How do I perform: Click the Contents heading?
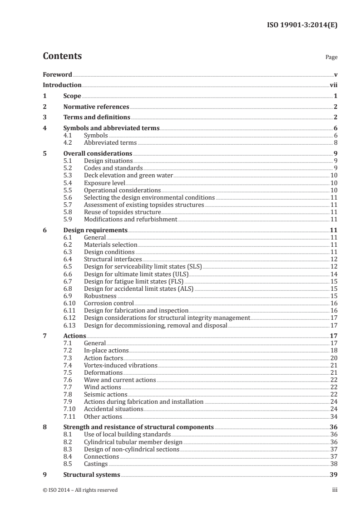click(x=62, y=56)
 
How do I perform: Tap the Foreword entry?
click(x=57, y=74)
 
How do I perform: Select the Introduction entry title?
click(x=62, y=85)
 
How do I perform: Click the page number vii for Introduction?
click(x=333, y=85)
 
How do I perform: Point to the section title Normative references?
click(x=96, y=107)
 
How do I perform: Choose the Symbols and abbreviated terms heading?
click(x=111, y=128)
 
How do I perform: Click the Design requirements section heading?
click(x=95, y=230)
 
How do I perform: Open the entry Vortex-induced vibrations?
click(x=120, y=365)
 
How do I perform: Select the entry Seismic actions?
click(x=106, y=394)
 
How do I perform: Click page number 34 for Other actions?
click(x=334, y=416)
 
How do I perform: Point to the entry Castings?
click(x=96, y=464)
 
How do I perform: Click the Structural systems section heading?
click(x=92, y=475)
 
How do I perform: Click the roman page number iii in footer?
click(x=335, y=490)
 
